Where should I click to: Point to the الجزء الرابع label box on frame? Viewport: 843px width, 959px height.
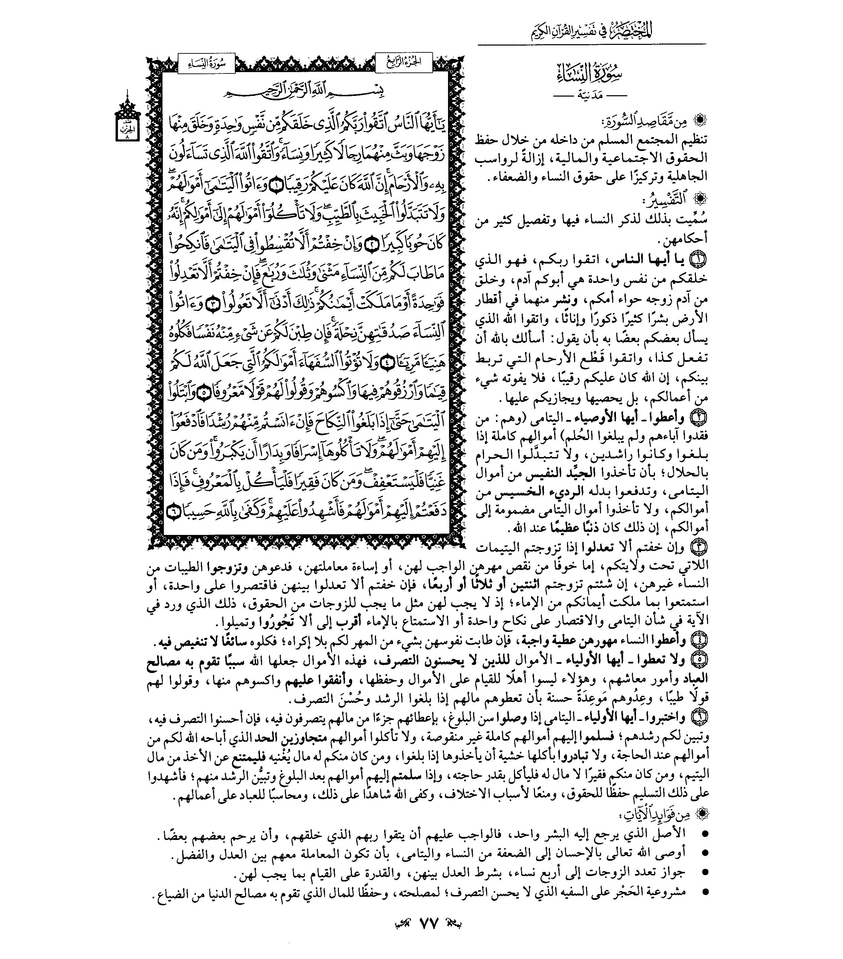point(404,62)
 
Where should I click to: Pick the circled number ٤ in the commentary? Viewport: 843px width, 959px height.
point(699,640)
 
